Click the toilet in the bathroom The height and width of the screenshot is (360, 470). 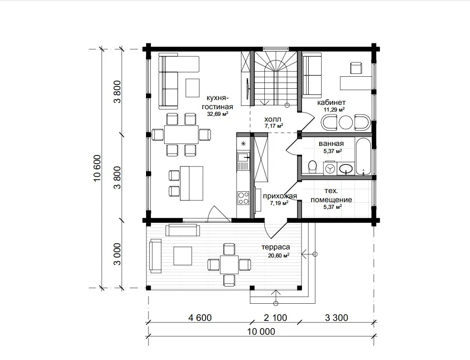tap(313, 166)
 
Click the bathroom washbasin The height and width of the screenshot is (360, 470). tap(346, 169)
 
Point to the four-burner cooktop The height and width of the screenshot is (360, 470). tap(243, 198)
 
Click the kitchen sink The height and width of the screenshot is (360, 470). tap(243, 157)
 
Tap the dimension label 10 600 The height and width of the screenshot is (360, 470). tap(98, 168)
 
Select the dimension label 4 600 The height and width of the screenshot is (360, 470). tap(200, 318)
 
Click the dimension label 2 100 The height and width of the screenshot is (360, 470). tap(275, 318)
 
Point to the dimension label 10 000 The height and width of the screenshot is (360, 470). tap(261, 331)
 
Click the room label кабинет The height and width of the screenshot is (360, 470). tap(331, 103)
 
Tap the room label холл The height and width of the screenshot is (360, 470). tap(273, 119)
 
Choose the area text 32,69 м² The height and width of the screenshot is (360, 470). tap(218, 114)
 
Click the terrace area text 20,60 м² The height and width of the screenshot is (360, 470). tap(279, 256)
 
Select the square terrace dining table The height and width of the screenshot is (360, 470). tap(230, 265)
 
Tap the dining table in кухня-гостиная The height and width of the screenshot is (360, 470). tap(181, 134)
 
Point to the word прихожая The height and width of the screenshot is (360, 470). tap(280, 196)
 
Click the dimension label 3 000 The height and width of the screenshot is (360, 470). tap(117, 254)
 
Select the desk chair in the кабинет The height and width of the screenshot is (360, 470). tap(356, 67)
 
